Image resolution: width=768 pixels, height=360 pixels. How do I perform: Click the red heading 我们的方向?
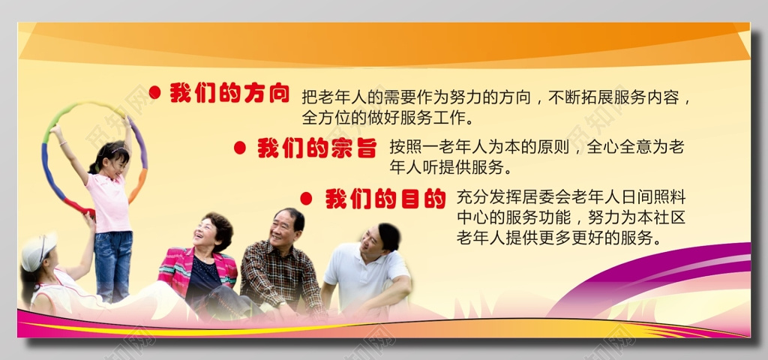[229, 92]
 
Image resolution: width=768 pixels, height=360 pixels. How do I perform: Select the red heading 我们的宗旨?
[317, 148]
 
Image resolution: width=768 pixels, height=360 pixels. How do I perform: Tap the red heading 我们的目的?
[385, 199]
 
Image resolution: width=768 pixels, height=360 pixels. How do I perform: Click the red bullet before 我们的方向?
[154, 92]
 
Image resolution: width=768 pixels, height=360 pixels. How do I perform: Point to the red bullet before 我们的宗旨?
[240, 148]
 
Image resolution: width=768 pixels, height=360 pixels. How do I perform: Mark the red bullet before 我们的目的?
[306, 198]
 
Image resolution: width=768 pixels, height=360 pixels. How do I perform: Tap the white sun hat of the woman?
[38, 251]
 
